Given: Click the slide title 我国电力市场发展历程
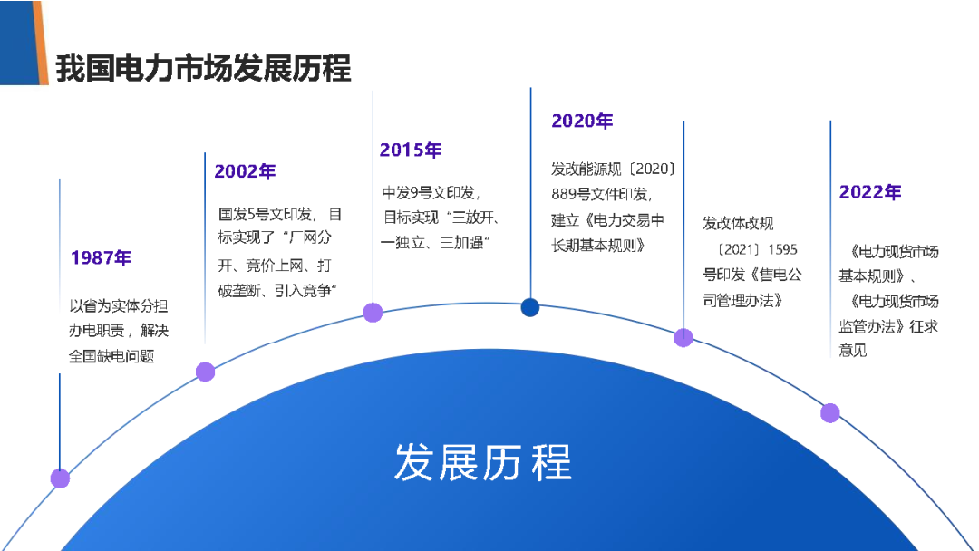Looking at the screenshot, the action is tap(204, 68).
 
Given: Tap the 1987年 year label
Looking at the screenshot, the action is tap(102, 257).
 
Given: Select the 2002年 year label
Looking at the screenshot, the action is tap(245, 171).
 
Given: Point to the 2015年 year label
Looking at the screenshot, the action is tap(411, 150).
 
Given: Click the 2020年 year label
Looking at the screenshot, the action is tap(582, 121).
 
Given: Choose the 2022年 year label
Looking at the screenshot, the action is tap(869, 192).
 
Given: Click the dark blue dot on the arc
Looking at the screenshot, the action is tap(530, 307).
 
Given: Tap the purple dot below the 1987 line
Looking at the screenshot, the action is tap(60, 478).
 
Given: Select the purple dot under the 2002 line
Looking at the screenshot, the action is tap(206, 372).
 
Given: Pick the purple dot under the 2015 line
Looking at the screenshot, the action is tap(373, 313).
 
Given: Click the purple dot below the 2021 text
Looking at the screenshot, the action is tap(683, 338).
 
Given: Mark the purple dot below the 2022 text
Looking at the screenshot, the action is tap(829, 413).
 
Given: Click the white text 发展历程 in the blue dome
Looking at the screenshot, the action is tap(482, 462).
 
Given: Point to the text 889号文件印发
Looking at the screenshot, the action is tap(601, 195).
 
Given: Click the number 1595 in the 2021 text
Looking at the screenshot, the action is tap(782, 249).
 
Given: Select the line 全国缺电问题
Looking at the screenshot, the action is tap(111, 356).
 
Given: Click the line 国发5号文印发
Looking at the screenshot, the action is tap(265, 215).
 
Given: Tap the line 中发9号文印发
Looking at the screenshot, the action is tap(431, 193).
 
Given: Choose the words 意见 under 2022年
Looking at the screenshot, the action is tap(852, 351).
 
